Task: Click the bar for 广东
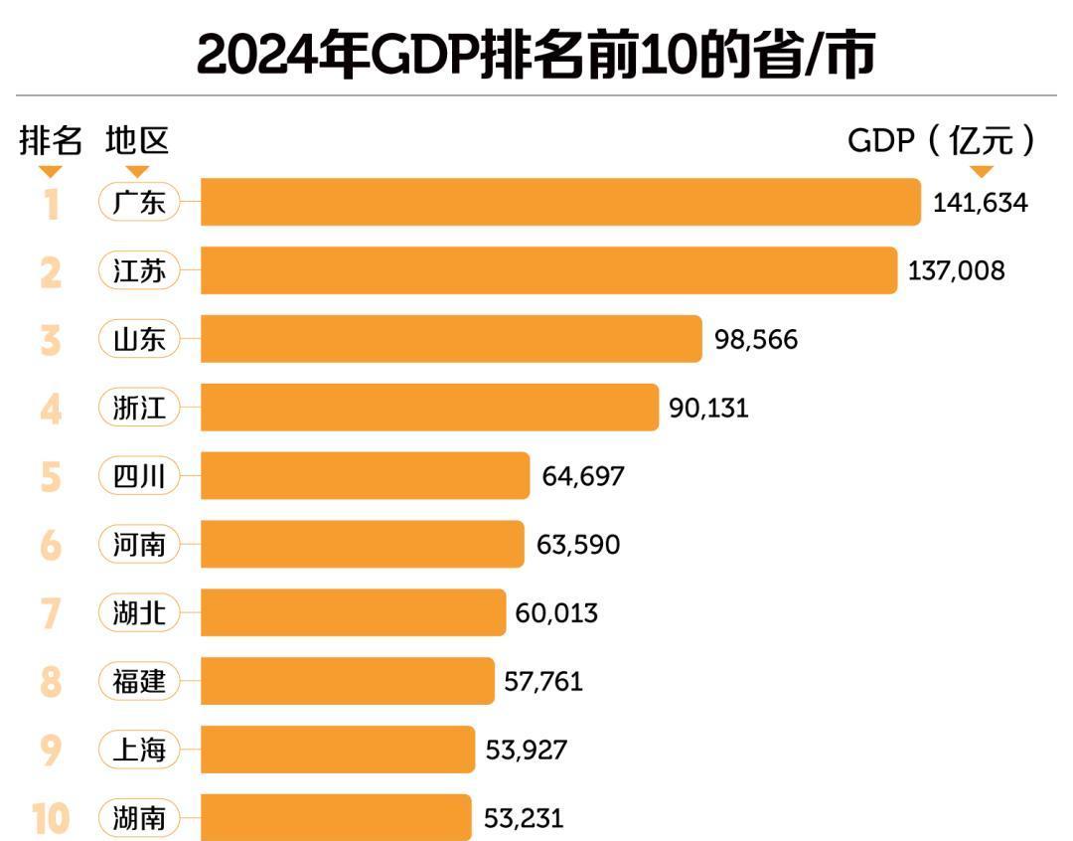[560, 203]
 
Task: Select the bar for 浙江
[429, 408]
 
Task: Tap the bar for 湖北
[353, 612]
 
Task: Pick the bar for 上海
[338, 750]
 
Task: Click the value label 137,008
[956, 270]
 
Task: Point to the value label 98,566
[756, 340]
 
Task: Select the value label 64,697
[583, 476]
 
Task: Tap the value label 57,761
[543, 682]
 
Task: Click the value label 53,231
[524, 818]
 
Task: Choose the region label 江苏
[139, 271]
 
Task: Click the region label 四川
[139, 476]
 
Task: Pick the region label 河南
[139, 545]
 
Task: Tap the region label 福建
[139, 682]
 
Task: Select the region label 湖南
[139, 819]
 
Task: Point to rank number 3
[51, 340]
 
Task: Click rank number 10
[50, 819]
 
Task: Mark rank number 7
[51, 613]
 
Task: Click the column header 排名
[51, 141]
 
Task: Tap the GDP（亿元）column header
[941, 141]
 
